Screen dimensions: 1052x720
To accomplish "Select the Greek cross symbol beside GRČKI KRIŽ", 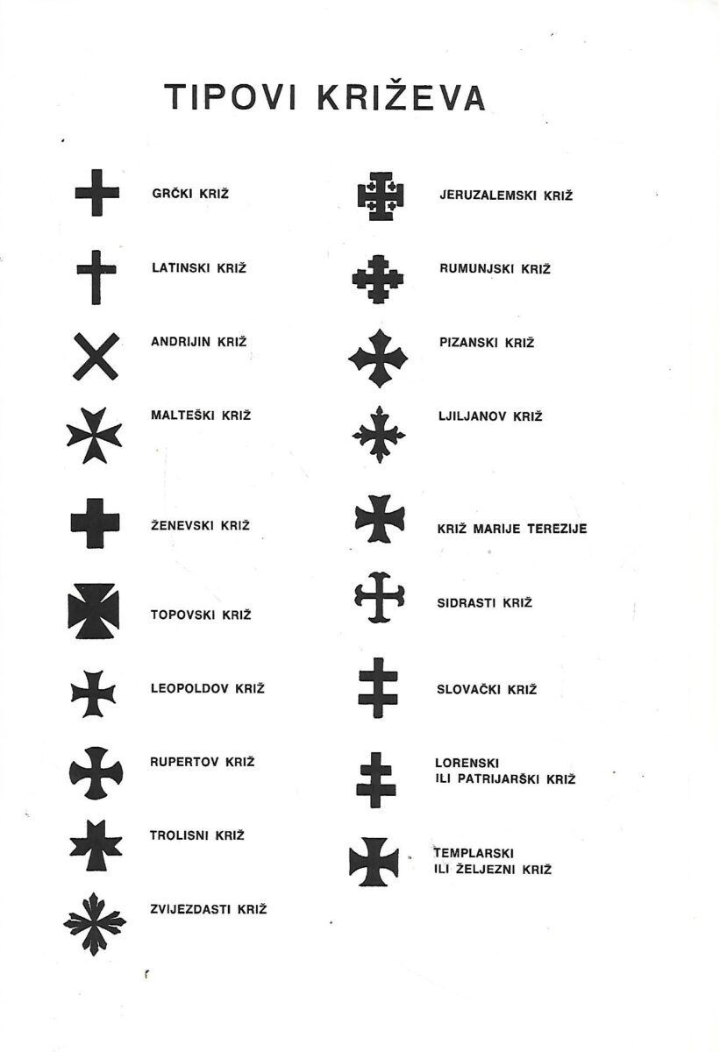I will point(96,193).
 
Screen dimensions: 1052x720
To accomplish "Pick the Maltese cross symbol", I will point(94,436).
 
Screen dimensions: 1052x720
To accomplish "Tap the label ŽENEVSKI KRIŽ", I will point(200,525).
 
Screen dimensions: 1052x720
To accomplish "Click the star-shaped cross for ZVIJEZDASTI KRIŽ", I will point(95,922).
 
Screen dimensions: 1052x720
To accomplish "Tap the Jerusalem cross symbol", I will point(380,195).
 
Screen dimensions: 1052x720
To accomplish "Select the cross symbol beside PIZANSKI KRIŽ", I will point(378,358).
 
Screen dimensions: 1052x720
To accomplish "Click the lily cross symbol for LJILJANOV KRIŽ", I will point(378,434).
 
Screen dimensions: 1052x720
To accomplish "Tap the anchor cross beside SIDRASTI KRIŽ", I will point(379,598).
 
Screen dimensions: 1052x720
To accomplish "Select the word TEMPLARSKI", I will point(474,852).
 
